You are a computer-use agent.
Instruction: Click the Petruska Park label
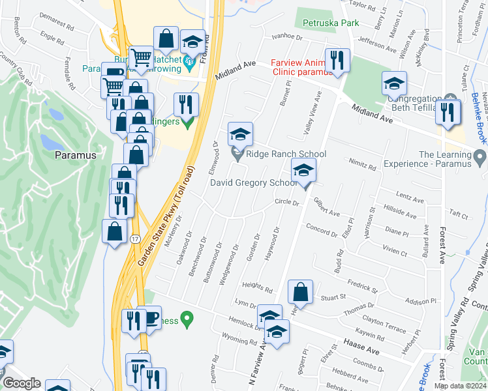point(331,23)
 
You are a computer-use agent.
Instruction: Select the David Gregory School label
point(253,182)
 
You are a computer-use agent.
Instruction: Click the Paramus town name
point(75,155)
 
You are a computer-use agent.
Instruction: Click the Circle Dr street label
point(286,203)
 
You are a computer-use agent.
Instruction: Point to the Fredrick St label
point(363,287)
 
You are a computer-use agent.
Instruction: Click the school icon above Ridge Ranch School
point(240,134)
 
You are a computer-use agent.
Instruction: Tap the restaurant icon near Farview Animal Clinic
point(337,60)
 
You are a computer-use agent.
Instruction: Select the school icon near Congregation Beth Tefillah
point(394,83)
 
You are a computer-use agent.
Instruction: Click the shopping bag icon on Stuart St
point(301,292)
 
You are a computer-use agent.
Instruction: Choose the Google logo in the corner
point(22,383)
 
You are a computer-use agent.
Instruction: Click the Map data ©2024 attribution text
point(460,386)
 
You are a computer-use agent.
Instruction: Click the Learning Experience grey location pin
point(481,156)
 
